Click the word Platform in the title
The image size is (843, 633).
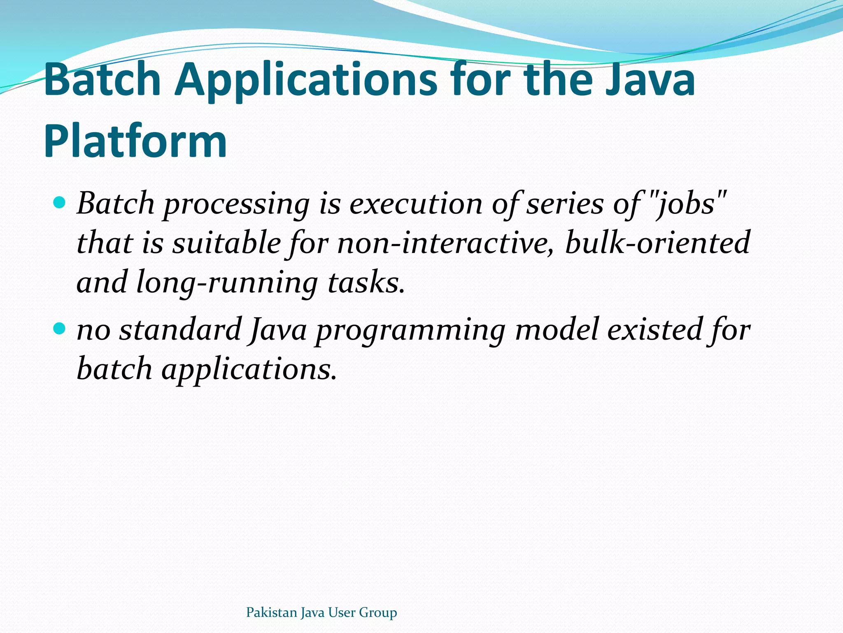coord(135,141)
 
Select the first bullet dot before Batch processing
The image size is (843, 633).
coord(60,203)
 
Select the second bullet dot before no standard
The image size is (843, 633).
coord(60,328)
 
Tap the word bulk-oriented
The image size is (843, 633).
coord(657,243)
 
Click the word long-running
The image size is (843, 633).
coord(227,283)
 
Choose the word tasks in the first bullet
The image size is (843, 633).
coord(366,283)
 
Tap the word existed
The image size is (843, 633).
coord(654,330)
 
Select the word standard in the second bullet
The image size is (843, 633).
coord(180,330)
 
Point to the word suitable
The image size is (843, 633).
coord(226,243)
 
